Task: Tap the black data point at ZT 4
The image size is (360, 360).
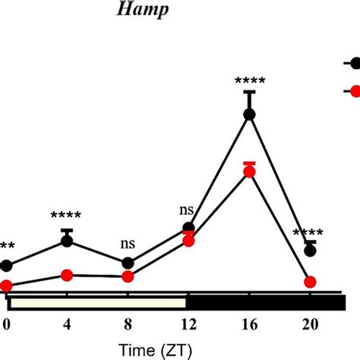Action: point(67,241)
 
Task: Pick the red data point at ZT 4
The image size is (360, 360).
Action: point(67,275)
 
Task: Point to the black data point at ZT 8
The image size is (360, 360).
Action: point(128,264)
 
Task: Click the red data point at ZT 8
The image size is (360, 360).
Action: point(128,276)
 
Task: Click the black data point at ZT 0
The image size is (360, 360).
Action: point(7,266)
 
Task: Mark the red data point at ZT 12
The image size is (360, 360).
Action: point(188,241)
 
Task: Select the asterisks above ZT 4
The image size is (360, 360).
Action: point(67,217)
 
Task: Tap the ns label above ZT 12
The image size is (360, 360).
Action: point(186,209)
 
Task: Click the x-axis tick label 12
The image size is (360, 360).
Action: point(188,324)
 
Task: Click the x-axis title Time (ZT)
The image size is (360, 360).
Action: point(158,350)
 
